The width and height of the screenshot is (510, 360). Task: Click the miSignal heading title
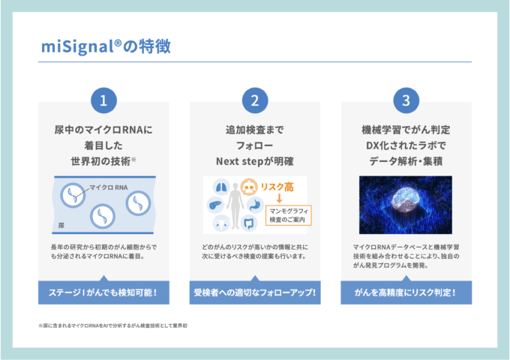[106, 46]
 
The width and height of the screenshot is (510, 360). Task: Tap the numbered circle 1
[103, 100]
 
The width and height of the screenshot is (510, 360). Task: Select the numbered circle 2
[255, 100]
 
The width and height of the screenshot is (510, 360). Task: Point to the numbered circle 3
[406, 100]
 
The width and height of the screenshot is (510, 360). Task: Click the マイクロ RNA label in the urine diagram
[108, 187]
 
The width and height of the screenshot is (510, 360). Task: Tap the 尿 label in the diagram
[61, 225]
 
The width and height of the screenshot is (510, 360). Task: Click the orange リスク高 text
[277, 187]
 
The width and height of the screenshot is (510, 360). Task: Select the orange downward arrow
[279, 198]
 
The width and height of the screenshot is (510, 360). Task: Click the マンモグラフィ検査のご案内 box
[289, 215]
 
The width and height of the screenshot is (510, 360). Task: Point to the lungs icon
[221, 187]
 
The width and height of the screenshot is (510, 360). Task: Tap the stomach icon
[255, 205]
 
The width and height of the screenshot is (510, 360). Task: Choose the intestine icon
[249, 223]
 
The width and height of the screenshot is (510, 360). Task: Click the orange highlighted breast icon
[249, 187]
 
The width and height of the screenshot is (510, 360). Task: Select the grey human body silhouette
[235, 205]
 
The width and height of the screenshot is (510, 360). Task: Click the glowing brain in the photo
[406, 198]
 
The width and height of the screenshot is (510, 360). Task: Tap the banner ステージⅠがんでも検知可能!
[103, 292]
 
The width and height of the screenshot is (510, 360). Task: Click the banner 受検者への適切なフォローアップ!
[255, 292]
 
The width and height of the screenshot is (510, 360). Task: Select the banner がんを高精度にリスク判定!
[406, 292]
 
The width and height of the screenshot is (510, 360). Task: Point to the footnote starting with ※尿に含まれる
[112, 325]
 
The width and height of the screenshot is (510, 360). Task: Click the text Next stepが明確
[255, 161]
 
